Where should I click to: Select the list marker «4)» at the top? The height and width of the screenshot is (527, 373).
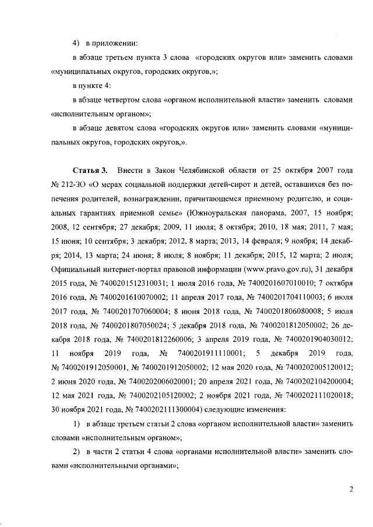(75, 45)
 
